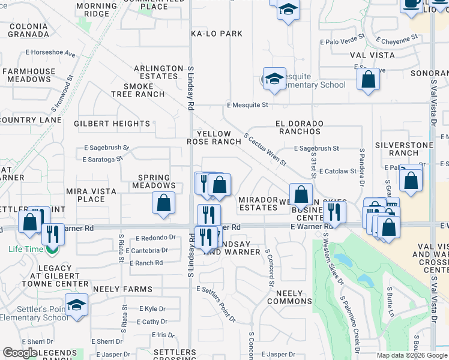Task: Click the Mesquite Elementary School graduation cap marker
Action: tap(274, 79)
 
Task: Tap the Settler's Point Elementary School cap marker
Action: tap(76, 305)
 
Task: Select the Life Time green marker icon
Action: tap(52, 248)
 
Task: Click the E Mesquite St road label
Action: tap(247, 105)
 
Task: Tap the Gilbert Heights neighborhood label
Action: tap(112, 124)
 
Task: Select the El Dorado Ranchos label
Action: tap(300, 127)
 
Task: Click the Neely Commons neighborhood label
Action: tap(294, 297)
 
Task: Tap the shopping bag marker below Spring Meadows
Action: tap(163, 203)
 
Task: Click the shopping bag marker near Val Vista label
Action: tap(368, 80)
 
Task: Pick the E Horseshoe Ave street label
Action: tap(50, 53)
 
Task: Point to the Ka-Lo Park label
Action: tap(217, 34)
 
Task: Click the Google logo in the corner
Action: tap(20, 353)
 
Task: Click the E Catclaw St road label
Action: tap(334, 172)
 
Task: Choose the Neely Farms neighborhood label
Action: tap(122, 289)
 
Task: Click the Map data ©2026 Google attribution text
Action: tap(411, 355)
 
